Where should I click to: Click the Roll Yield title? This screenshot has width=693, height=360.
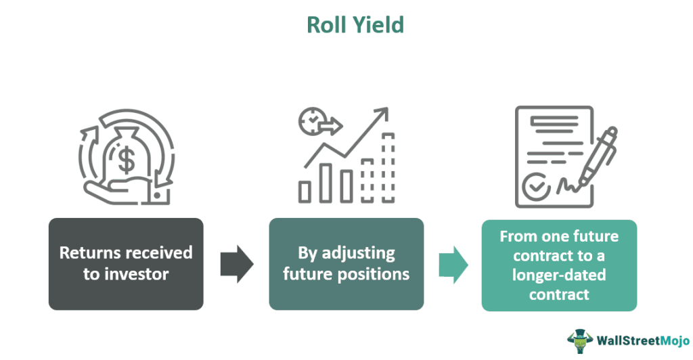[355, 24]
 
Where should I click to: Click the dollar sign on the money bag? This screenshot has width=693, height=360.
[125, 160]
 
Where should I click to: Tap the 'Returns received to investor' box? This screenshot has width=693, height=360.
[126, 263]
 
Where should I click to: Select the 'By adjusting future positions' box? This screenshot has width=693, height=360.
[346, 263]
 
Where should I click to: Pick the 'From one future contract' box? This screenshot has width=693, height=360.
[559, 265]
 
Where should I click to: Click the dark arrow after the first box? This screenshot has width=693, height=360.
[236, 264]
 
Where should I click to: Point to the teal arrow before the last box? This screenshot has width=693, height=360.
[453, 265]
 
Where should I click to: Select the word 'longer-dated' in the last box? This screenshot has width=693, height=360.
[559, 275]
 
